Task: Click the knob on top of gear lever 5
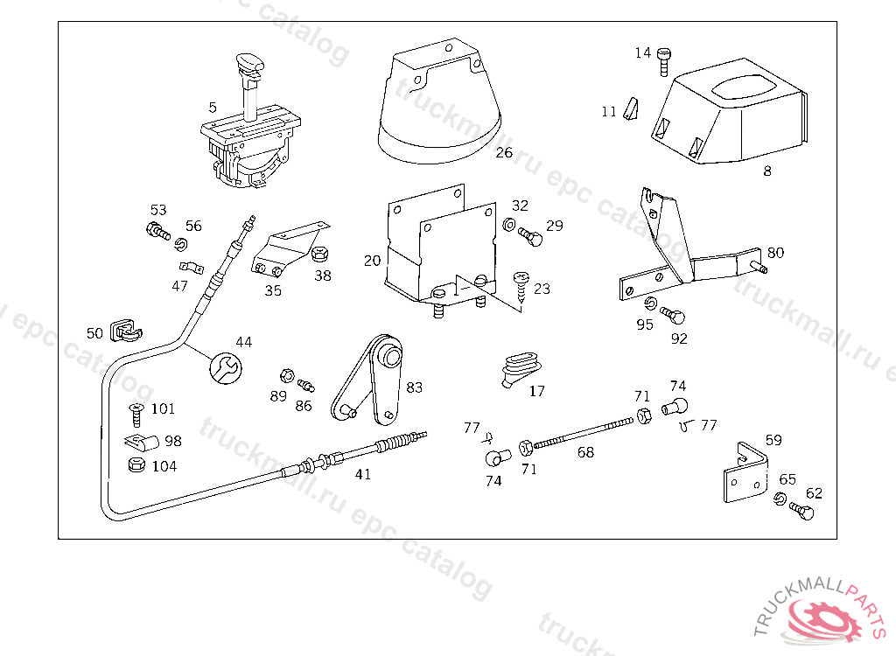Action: [250, 64]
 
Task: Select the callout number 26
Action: [503, 152]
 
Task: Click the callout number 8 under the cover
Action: [767, 171]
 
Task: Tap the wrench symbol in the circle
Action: [224, 367]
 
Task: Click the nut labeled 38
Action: [320, 256]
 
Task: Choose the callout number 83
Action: [414, 386]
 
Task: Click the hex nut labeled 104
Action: [136, 465]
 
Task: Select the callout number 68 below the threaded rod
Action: [585, 452]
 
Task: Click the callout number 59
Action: [773, 440]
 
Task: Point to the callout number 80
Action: [775, 253]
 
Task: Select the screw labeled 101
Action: [136, 411]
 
